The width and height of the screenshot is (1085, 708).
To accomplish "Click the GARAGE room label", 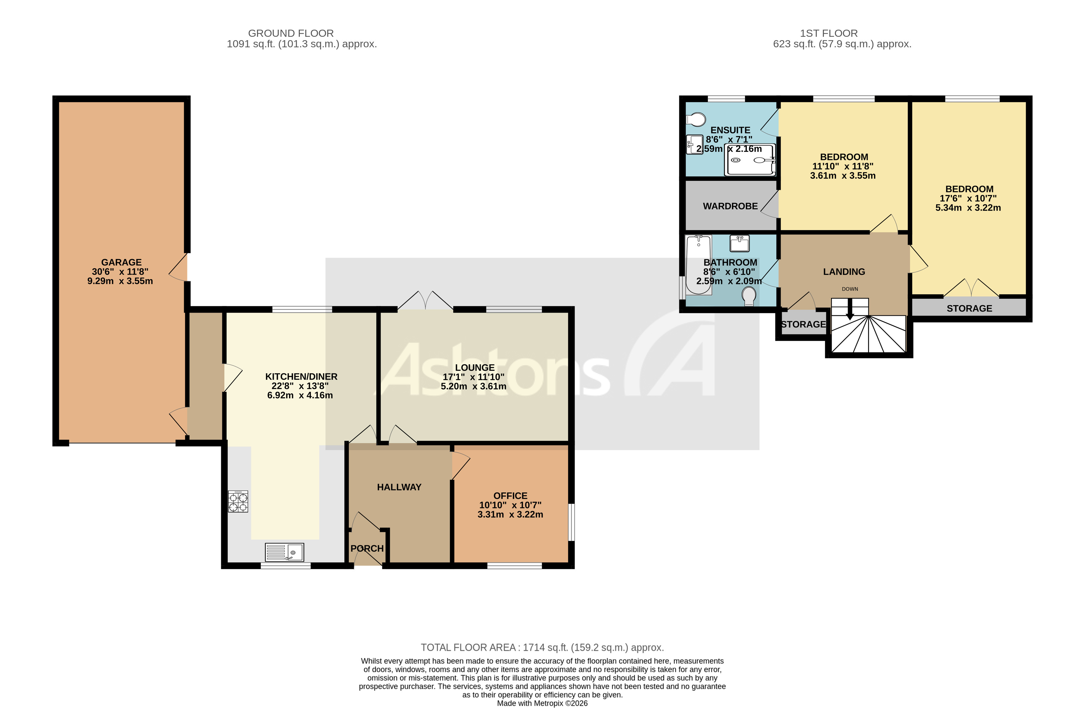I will pos(121,262).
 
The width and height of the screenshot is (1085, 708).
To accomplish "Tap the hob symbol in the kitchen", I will pos(238,501).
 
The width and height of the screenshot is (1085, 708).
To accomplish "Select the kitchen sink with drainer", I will pos(284,552).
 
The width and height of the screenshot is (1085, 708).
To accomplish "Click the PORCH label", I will pos(367,548).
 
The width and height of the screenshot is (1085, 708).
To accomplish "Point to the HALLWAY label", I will pos(399,487).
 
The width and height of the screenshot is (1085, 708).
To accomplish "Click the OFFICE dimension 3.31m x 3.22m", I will pos(510,514).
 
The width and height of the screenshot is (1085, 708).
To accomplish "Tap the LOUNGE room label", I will pos(475,368).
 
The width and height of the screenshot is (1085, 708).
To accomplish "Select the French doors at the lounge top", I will pos(425,301).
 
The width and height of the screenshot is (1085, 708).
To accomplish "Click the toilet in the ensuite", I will pos(696,120).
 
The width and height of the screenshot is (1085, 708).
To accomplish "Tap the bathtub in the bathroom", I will pos(698,264).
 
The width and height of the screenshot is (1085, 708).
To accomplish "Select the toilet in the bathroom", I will pos(749,296).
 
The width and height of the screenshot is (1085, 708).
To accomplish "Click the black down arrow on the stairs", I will pos(850,311).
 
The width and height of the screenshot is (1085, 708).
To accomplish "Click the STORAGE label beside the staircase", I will pos(803,324).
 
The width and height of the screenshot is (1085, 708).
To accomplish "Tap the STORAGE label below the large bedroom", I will pos(969,309).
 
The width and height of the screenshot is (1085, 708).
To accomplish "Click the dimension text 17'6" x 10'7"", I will pos(968,198).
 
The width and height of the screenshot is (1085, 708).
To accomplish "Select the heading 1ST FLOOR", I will pos(829,33).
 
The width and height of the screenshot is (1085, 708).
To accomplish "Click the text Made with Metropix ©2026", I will pos(542,703).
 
